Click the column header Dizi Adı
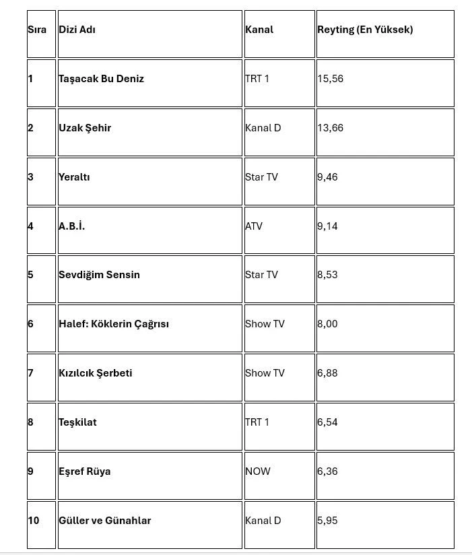coord(77,30)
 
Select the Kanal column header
coord(259,30)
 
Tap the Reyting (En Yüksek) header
coord(365,30)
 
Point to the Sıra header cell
coord(37,30)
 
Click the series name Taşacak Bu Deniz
coord(101,79)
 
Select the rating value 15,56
coord(330,79)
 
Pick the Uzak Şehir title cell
coord(85,128)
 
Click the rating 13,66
coord(330,128)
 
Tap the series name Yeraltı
coord(74,177)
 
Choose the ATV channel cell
coord(254,226)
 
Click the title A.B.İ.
coord(71,226)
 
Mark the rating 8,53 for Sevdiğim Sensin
coord(327,275)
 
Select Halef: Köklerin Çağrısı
coord(114,324)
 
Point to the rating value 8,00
coord(327,324)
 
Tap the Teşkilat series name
coord(77,422)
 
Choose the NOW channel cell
coord(258,471)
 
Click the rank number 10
coord(34,521)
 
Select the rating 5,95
coord(327,521)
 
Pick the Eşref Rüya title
coord(85,471)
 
